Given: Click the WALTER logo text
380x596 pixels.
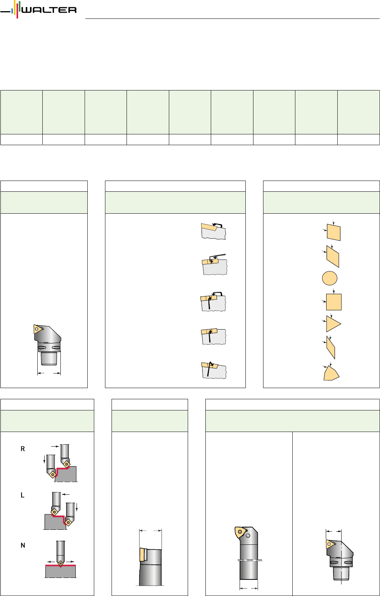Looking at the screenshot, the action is [49, 10].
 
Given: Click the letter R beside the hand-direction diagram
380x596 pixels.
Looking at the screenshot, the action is [23, 449].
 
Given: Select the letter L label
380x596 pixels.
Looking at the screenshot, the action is [23, 495].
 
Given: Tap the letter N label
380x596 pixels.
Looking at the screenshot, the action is [23, 546].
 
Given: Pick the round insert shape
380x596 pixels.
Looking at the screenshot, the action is [330, 278].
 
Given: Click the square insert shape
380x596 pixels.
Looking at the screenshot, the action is [334, 302].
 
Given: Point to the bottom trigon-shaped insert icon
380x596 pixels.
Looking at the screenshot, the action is [332, 373].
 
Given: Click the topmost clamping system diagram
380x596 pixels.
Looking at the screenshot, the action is [213, 231].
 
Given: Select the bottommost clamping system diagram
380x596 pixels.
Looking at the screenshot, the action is [214, 370].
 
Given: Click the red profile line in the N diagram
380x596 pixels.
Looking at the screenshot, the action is [61, 565].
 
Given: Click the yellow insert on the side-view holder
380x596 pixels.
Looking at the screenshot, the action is [143, 554].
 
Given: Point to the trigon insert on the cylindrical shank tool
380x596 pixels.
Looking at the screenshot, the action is [240, 532].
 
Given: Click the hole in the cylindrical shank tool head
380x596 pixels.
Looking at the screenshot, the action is [248, 535].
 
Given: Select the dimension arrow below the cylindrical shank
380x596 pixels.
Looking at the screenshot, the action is [249, 588].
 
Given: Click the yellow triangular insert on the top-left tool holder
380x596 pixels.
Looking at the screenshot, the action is [37, 329].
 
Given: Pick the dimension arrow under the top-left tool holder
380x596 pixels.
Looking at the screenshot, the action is [49, 373].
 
